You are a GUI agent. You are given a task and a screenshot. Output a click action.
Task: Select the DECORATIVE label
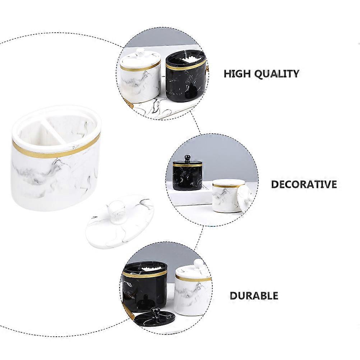pos(304,184)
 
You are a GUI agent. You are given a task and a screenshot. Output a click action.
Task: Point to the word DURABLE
pos(254,296)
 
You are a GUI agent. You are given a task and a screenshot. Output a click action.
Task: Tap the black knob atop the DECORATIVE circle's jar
pos(187,158)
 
